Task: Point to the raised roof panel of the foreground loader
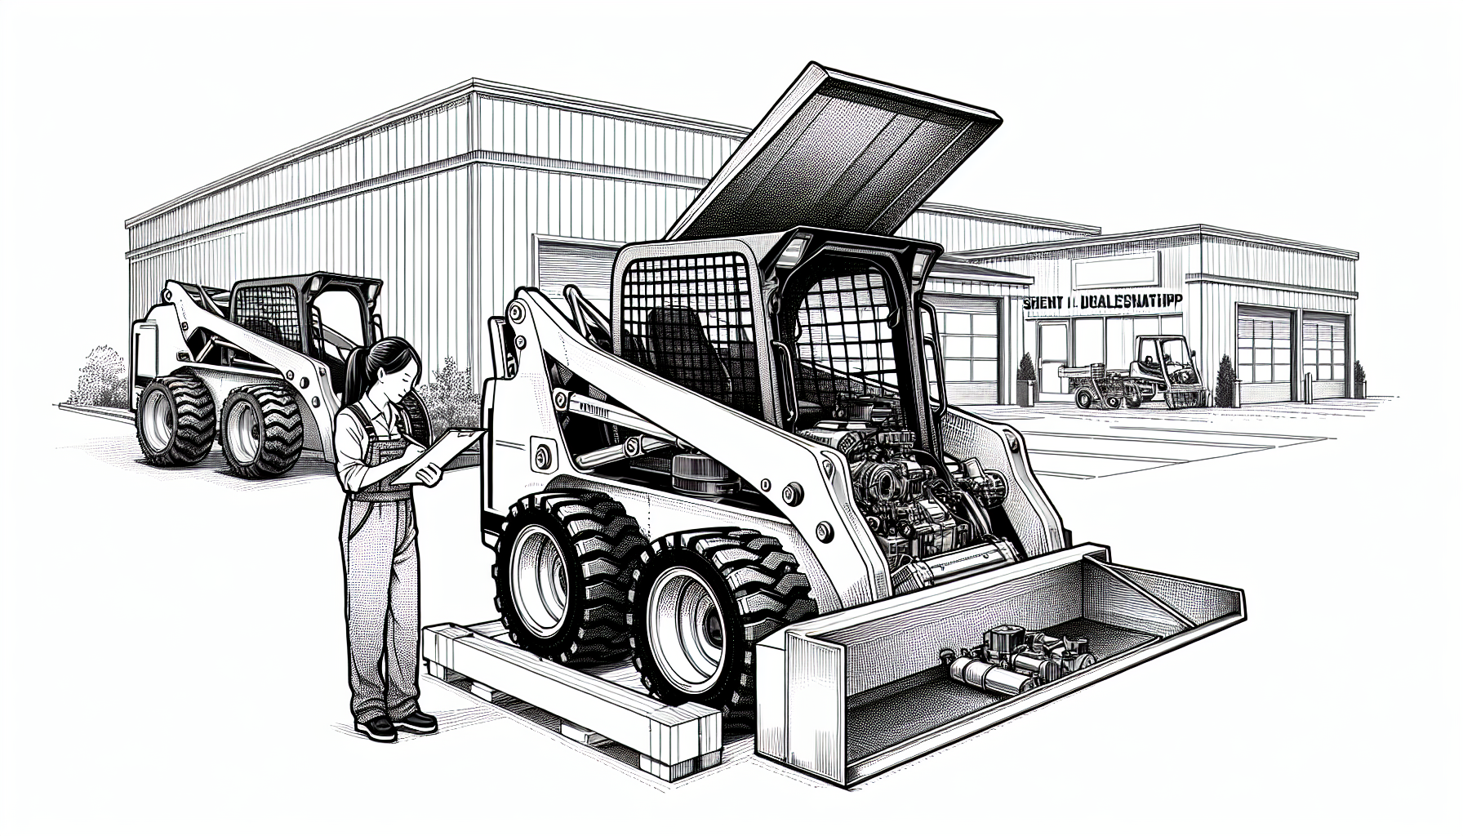coord(841,147)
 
